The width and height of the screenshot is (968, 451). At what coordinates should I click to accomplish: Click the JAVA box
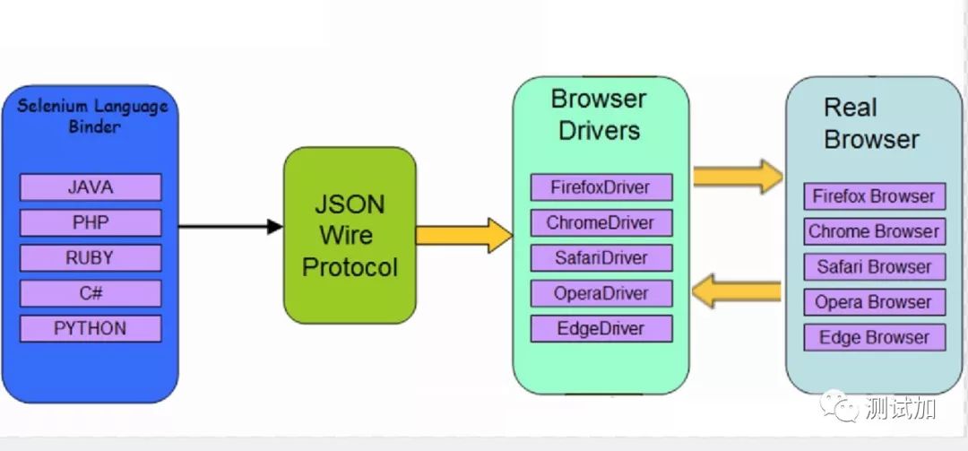[x=90, y=187]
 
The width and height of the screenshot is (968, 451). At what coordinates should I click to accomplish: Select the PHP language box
[x=90, y=222]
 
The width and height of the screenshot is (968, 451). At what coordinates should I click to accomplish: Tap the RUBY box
[x=90, y=258]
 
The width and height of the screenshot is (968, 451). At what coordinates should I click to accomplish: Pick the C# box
[x=90, y=293]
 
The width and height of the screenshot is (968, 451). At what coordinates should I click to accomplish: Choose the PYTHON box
[x=90, y=328]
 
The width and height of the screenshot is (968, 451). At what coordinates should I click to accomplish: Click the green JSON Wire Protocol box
[x=350, y=235]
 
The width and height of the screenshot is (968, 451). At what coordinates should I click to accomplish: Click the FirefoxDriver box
[x=601, y=187]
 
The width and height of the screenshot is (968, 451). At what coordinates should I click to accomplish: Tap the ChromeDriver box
[x=601, y=222]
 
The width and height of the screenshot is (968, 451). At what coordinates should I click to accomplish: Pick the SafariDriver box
[x=601, y=258]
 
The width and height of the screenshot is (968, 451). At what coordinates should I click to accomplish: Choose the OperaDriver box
[x=601, y=293]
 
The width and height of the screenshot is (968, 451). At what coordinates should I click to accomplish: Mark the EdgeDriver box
[x=601, y=328]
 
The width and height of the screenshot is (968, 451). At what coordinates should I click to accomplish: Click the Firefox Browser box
[x=874, y=196]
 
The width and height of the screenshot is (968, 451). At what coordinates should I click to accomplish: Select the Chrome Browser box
[x=874, y=231]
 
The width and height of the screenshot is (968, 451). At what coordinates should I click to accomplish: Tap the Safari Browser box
[x=874, y=267]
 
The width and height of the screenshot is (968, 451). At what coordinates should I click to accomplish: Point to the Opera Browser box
[x=874, y=302]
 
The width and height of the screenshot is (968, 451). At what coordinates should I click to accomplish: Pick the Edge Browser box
[x=874, y=338]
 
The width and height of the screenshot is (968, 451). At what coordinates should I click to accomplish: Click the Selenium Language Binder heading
[x=93, y=116]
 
